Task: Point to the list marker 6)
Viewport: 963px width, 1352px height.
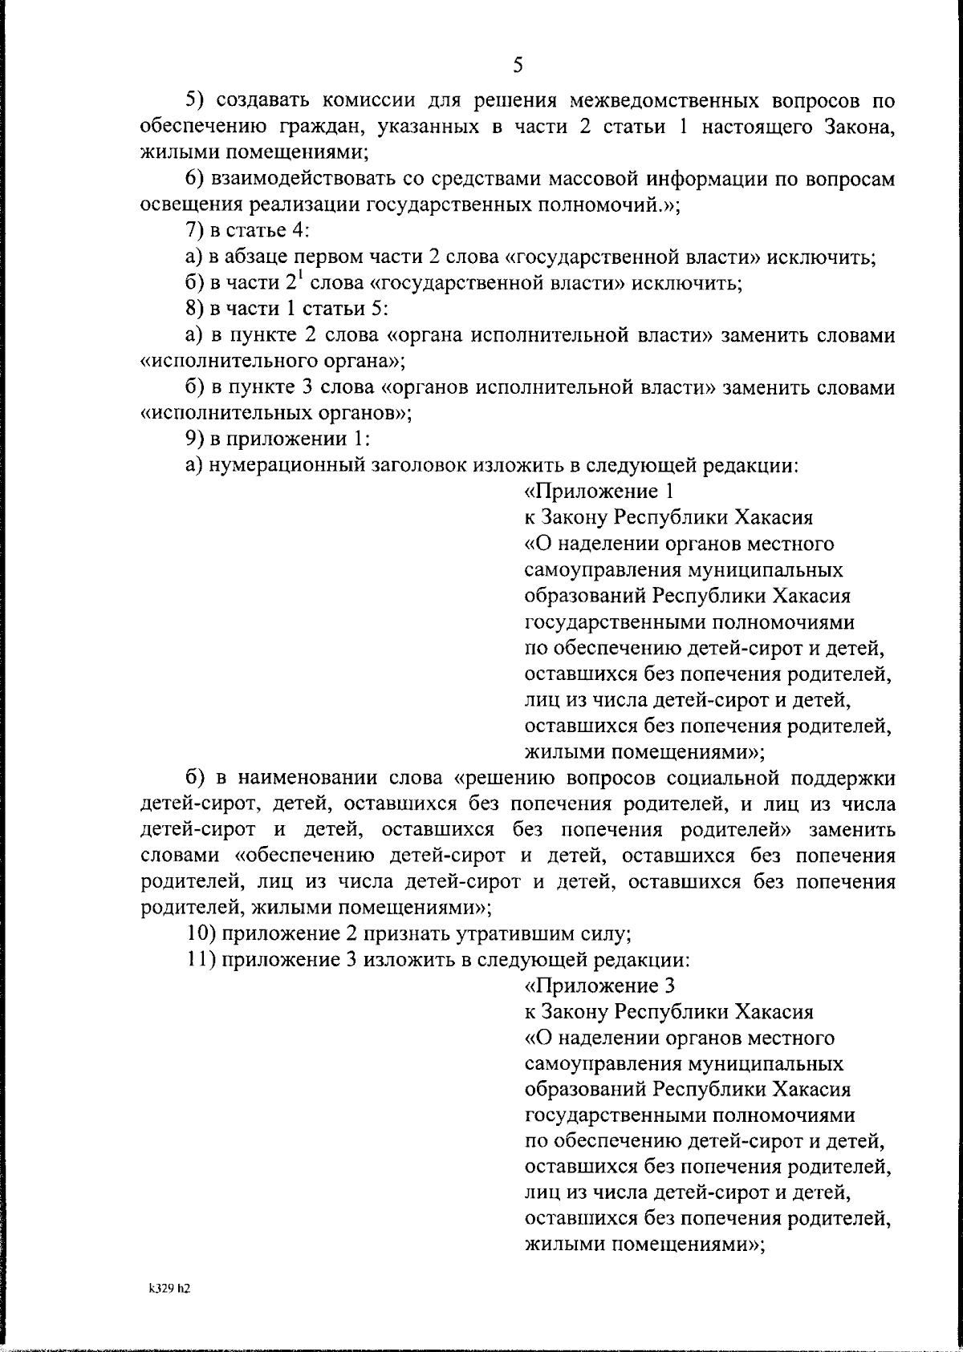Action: [x=196, y=178]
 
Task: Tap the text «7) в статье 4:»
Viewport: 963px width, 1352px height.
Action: [x=247, y=230]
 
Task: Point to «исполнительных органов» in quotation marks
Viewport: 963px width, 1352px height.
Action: [x=272, y=413]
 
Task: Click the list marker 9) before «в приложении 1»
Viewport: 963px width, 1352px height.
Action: [x=196, y=439]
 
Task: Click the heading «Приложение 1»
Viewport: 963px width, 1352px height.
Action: [x=603, y=491]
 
